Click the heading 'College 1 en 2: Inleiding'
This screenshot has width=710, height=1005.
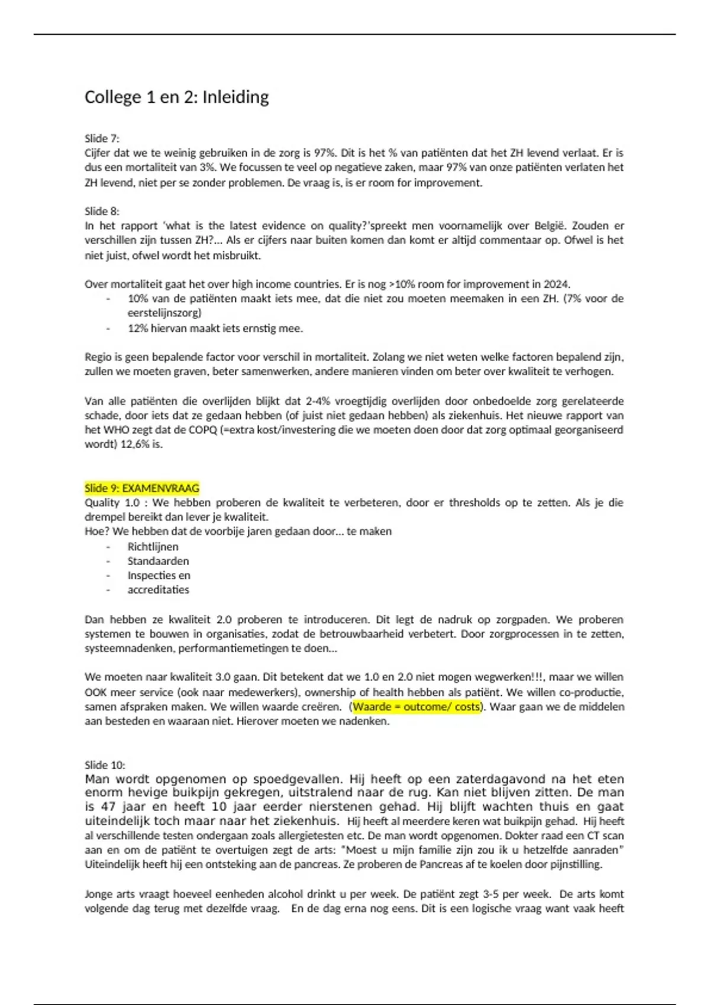176,97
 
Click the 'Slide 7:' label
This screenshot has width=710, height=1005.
102,138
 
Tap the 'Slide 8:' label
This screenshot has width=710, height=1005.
102,211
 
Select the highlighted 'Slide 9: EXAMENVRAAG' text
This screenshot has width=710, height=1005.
142,488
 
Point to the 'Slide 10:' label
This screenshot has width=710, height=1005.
105,765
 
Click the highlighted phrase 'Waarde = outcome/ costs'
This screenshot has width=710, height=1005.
417,707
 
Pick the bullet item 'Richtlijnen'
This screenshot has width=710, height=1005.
153,547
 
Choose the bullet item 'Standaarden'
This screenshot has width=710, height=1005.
158,561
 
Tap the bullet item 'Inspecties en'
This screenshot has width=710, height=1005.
159,575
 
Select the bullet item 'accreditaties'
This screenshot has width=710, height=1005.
158,590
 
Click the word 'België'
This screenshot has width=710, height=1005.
549,226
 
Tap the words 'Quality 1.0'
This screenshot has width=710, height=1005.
112,502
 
